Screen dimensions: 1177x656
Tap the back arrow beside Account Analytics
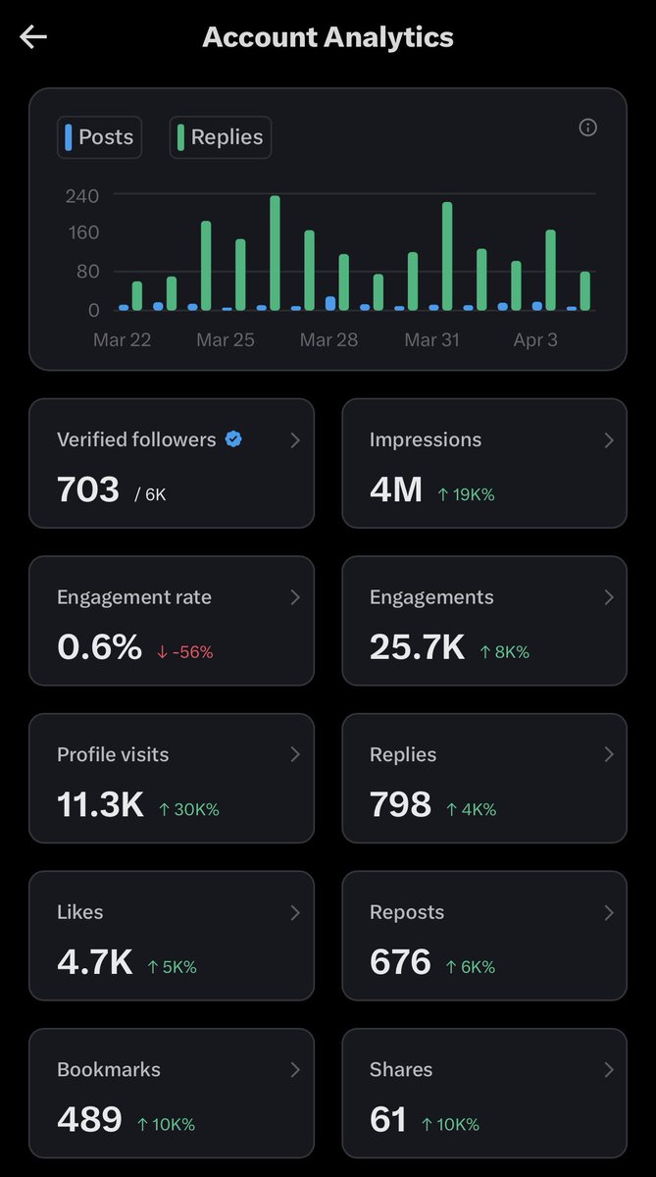[33, 37]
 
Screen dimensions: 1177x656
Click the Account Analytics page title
[328, 37]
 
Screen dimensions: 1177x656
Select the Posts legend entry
[99, 137]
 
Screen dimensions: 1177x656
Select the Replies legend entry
[220, 137]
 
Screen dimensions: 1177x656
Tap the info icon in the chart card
[587, 128]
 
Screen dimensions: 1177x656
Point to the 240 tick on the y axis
[82, 196]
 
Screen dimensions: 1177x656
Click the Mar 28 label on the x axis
[328, 340]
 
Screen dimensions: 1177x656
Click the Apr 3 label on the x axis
[536, 340]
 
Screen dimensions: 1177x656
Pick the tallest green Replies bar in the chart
[275, 253]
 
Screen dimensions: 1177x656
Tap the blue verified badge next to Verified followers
[233, 439]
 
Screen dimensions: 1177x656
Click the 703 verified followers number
[88, 488]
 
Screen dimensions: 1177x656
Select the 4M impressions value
[396, 488]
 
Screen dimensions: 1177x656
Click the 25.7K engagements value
[417, 646]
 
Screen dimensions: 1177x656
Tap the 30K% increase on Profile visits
[188, 809]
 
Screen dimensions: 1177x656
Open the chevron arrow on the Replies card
[608, 754]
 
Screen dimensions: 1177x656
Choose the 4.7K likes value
[94, 961]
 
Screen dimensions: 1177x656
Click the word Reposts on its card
[407, 912]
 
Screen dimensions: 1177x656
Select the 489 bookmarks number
[89, 1119]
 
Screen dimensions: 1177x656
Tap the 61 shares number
[388, 1119]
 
